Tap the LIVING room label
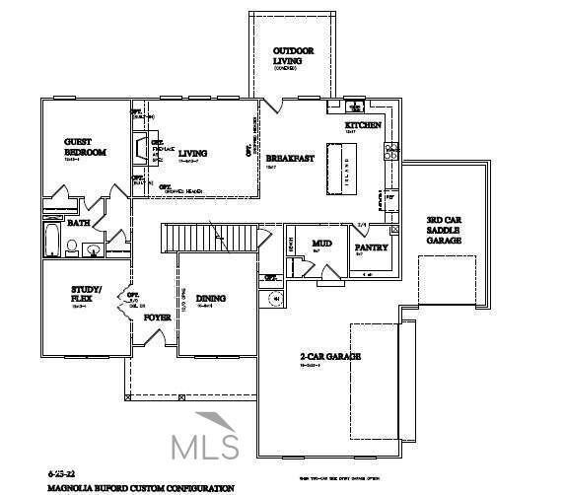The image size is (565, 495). tap(192, 153)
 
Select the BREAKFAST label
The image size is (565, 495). tap(290, 158)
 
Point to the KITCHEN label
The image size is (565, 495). tap(362, 126)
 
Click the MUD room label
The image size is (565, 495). tap(321, 243)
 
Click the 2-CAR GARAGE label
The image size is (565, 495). tap(329, 356)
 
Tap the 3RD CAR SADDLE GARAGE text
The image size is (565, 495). tap(445, 230)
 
